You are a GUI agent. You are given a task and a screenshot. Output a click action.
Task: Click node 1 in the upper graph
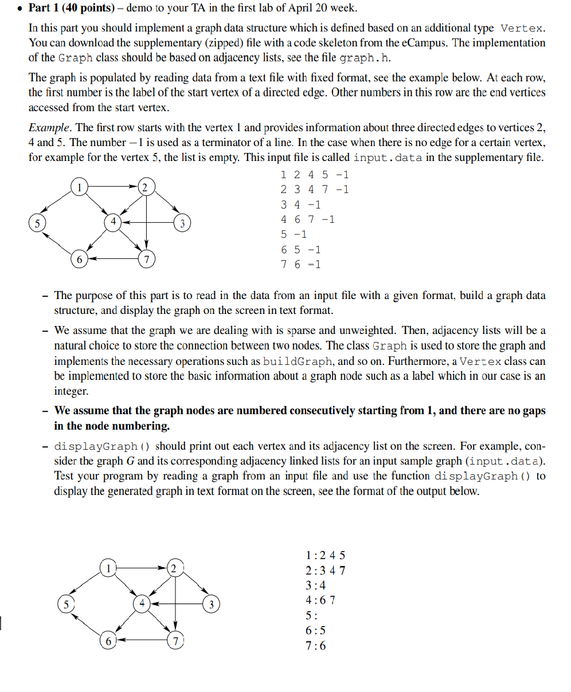pos(79,186)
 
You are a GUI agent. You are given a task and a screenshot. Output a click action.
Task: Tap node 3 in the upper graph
pos(182,222)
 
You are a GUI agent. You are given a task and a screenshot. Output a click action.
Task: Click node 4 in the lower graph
pos(141,603)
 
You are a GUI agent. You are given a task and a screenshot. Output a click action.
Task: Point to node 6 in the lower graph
pos(107,640)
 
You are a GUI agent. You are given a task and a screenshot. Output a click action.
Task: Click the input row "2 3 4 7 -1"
pos(314,190)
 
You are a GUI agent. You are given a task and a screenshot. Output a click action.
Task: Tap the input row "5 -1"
pos(294,234)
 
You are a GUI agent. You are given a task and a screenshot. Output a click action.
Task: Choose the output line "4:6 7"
pos(321,600)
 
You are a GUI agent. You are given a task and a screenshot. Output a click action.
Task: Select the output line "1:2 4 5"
pos(326,555)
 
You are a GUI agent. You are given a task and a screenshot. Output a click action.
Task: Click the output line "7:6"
pos(316,646)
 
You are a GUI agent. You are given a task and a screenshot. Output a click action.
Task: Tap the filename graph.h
pos(367,58)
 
